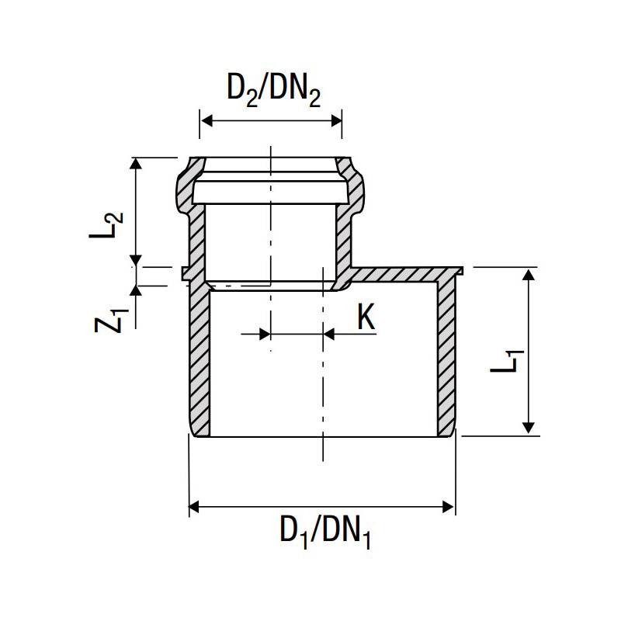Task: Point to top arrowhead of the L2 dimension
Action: (x=137, y=164)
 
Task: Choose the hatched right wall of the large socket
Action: (x=446, y=357)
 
